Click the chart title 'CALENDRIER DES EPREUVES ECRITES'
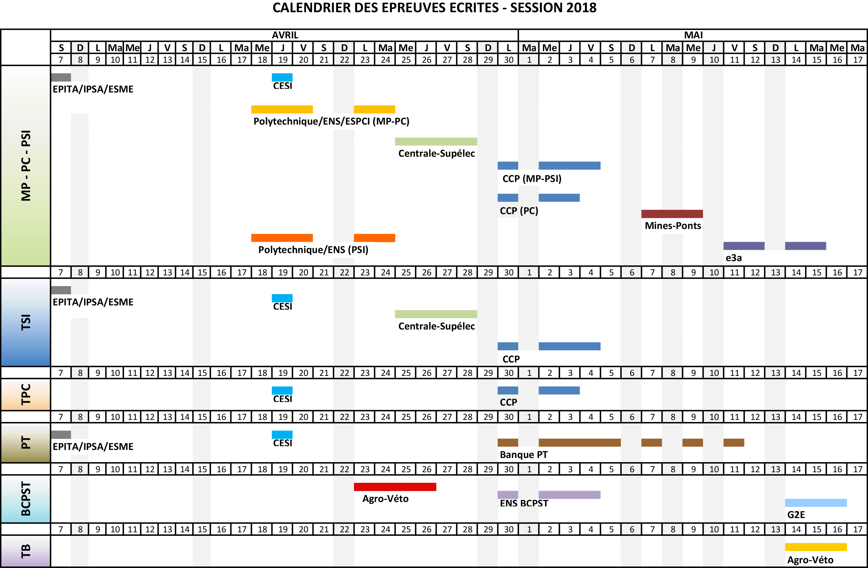click(x=434, y=8)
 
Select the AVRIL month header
click(x=285, y=35)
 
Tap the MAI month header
click(x=693, y=35)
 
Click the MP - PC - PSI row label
click(x=26, y=166)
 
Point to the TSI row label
click(x=26, y=322)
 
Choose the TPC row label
click(x=26, y=394)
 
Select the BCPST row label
click(x=26, y=499)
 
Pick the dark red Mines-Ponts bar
click(x=672, y=214)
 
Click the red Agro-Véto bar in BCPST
click(x=395, y=487)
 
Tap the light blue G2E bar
click(x=816, y=503)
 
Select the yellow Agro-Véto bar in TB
click(x=816, y=547)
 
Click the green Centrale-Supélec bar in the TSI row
click(x=436, y=314)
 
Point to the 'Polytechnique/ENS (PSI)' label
click(x=313, y=250)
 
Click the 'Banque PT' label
click(x=523, y=455)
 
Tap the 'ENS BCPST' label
click(x=524, y=503)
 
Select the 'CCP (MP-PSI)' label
click(x=532, y=179)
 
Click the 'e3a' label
click(x=734, y=258)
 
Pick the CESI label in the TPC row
click(x=283, y=399)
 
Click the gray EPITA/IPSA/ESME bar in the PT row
click(x=61, y=434)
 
